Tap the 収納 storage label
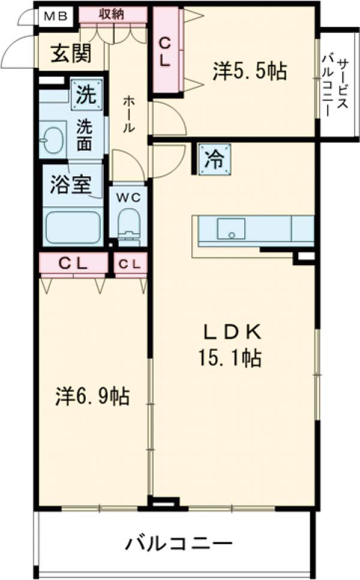(x=112, y=14)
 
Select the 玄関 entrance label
(x=71, y=54)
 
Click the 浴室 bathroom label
(x=70, y=185)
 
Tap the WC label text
(x=128, y=197)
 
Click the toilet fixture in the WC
(x=128, y=226)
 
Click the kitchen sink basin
(x=231, y=229)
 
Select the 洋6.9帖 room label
(x=93, y=396)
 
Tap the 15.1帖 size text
(x=230, y=359)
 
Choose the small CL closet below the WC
(x=130, y=263)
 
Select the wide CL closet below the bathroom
(x=73, y=263)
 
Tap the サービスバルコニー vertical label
(x=336, y=84)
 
